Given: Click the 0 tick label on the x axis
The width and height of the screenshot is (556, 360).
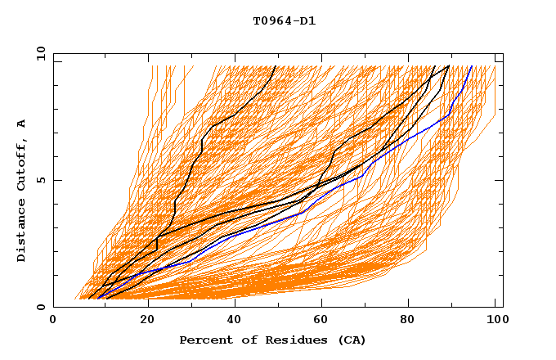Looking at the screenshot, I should [53, 320].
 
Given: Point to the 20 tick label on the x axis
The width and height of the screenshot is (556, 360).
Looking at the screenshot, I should [142, 320].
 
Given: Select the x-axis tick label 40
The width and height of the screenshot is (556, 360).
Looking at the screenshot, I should [231, 320].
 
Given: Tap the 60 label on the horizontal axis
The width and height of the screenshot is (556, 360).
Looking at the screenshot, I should [319, 320].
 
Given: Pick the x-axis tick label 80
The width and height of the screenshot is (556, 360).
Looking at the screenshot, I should [407, 320].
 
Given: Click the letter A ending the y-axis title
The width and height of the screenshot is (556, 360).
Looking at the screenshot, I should [22, 124].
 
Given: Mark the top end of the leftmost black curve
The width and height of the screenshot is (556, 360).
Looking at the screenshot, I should [276, 66].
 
